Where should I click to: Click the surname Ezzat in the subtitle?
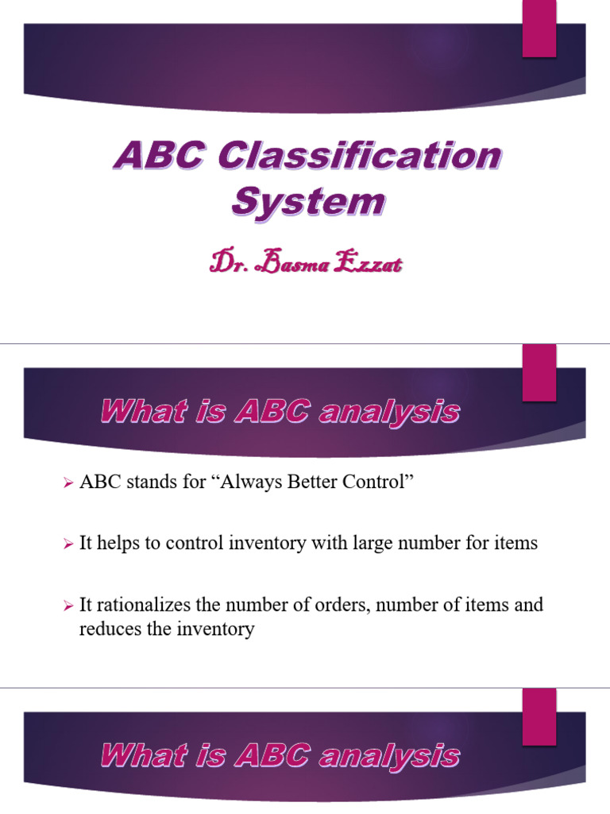[369, 262]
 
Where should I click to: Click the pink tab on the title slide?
[539, 29]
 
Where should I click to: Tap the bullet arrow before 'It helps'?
[68, 545]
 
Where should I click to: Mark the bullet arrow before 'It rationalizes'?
[68, 606]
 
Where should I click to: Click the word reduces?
[109, 630]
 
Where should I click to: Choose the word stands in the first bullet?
[139, 483]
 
